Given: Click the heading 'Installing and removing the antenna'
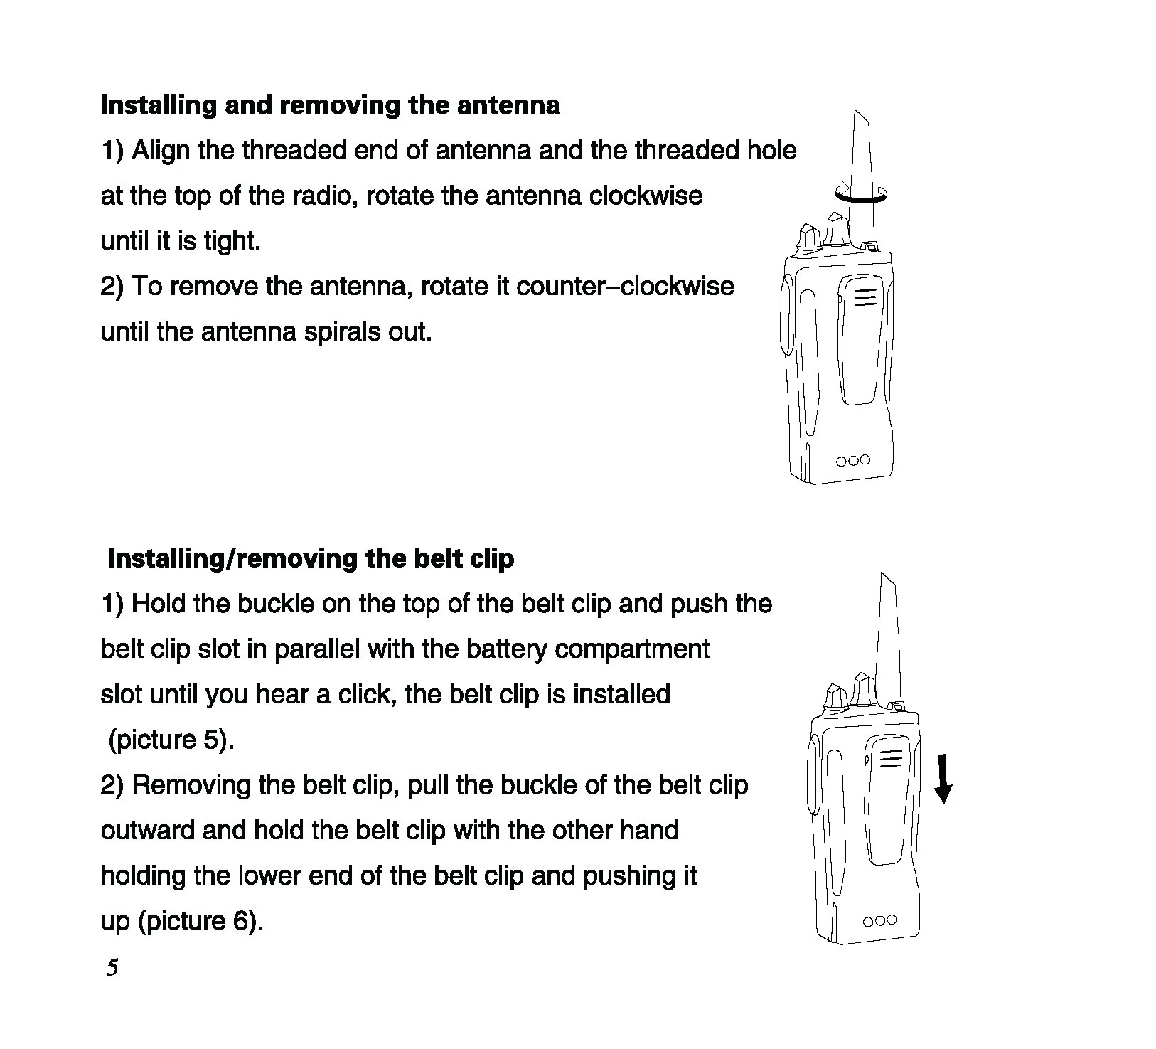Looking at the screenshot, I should pos(330,105).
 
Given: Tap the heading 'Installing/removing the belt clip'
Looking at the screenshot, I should pos(311,558).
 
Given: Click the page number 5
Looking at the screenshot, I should pos(112,967).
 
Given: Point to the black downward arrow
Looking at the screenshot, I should pos(943,779).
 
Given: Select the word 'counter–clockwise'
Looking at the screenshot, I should pos(625,286).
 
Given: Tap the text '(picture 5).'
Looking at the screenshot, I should pos(171,740).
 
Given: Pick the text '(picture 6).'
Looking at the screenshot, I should pos(200,921).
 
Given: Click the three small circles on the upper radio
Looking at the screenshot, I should pos(853,460).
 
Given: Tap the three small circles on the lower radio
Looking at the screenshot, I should pos(879,921).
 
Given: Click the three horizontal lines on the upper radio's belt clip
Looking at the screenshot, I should pos(865,297).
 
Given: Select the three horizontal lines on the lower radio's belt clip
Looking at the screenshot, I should pos(891,760).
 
